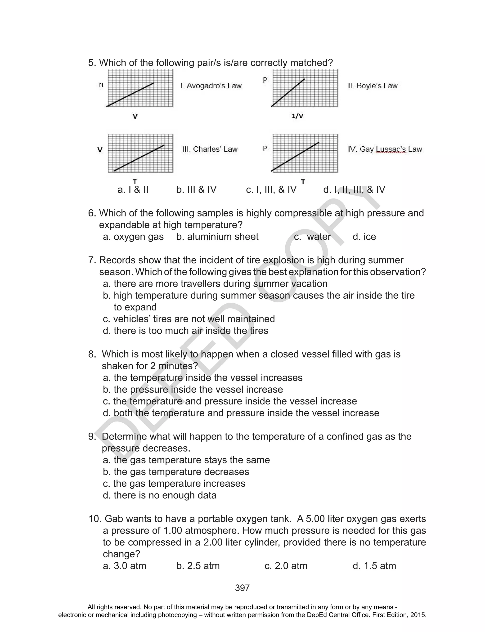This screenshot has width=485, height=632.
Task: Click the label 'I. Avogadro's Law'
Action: tap(211, 86)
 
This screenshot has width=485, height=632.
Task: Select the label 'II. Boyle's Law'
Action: tap(373, 86)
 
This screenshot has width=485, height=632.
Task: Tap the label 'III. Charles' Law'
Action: tap(210, 149)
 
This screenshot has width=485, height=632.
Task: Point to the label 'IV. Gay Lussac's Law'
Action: tap(385, 149)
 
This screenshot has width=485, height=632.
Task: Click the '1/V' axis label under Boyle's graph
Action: tap(297, 116)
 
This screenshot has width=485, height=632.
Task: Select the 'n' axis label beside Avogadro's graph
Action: tap(101, 85)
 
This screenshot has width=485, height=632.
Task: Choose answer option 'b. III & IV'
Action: tap(196, 190)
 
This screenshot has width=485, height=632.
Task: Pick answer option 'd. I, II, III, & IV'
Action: tap(354, 190)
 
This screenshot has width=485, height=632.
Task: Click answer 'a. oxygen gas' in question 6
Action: tap(133, 237)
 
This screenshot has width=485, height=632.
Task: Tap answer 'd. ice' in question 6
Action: tap(364, 237)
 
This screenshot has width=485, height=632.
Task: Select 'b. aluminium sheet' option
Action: tap(217, 237)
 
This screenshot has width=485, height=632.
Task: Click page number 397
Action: tap(242, 588)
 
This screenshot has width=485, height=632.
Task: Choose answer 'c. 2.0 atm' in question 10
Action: tap(286, 566)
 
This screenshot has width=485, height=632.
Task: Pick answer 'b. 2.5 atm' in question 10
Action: tap(198, 566)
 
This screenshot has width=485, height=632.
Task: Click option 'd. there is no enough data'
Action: tap(160, 495)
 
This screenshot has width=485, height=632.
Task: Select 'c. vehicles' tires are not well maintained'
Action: tap(189, 319)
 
